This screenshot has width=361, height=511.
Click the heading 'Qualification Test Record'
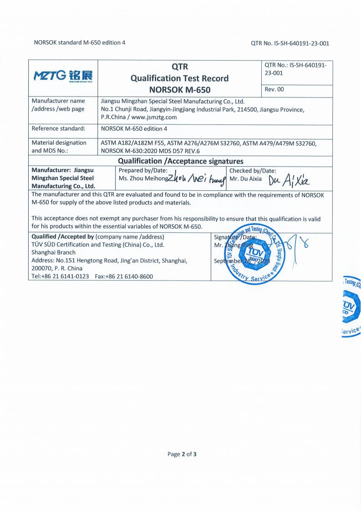tap(179, 78)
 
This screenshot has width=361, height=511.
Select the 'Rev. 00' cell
tap(275, 89)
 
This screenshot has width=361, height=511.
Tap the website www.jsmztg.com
tap(154, 117)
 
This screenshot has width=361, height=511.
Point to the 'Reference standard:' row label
tap(58, 128)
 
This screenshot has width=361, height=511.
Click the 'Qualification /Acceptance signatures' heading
tap(181, 161)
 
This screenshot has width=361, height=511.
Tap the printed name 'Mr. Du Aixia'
tap(246, 179)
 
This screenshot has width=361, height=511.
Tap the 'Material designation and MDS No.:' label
tap(59, 147)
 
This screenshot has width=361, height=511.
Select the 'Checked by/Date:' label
tap(253, 170)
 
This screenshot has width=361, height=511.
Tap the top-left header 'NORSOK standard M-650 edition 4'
tap(80, 43)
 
